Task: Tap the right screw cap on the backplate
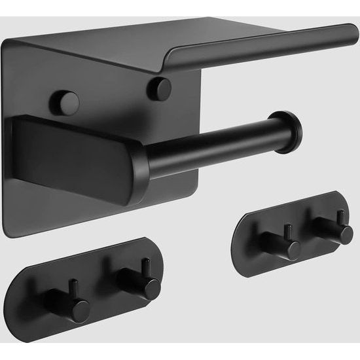tap(159, 88)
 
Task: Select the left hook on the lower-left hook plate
tap(78, 304)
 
